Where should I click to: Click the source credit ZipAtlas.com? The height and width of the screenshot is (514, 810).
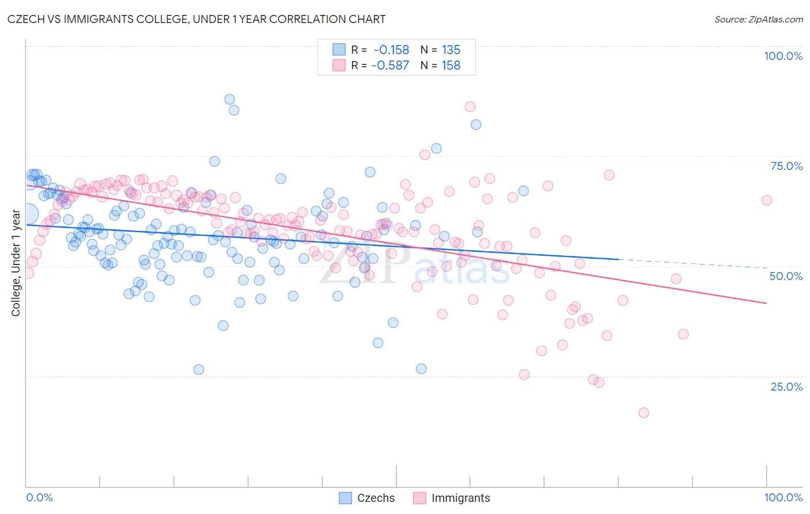point(758,20)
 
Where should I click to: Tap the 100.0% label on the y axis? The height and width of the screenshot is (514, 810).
point(783,56)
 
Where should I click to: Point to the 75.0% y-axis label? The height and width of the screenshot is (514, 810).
point(786,166)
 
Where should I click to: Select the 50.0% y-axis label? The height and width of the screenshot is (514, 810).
point(786,276)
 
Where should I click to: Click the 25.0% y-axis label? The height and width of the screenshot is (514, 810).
point(786,387)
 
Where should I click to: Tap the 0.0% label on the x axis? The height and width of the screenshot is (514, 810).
point(40,497)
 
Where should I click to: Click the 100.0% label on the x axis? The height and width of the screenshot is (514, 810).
point(783,497)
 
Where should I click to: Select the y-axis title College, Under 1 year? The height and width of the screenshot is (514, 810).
point(16,263)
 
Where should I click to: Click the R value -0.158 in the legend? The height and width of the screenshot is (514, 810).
point(391,50)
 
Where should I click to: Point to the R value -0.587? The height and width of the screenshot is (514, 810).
point(390,65)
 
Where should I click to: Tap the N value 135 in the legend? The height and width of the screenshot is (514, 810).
point(451,50)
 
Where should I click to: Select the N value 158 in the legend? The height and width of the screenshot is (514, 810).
point(451,65)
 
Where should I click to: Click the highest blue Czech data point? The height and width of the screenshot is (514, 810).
point(229,99)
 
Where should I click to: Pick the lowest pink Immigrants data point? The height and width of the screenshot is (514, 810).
point(644,413)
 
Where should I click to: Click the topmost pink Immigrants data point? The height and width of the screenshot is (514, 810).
point(470,107)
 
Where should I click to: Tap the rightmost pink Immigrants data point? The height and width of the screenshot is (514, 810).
point(767,200)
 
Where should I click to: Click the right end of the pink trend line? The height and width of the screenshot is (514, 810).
point(766,303)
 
